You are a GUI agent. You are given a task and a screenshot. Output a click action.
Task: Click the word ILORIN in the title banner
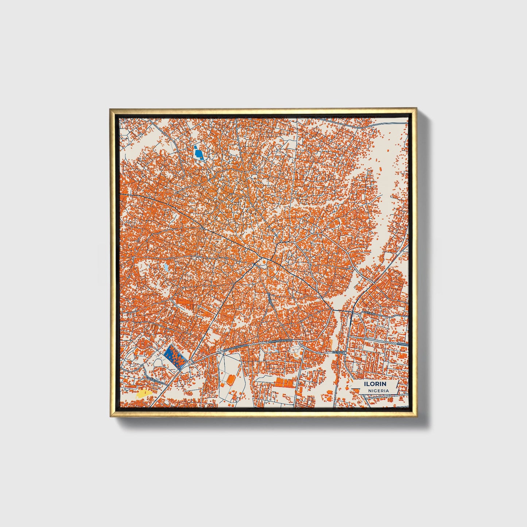[x=375, y=384]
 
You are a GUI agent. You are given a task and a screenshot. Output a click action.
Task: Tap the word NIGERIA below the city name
[x=378, y=391]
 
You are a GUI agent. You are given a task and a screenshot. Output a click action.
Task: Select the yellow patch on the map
[x=144, y=393]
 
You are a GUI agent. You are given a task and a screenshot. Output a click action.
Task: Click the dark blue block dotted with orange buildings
[x=175, y=356]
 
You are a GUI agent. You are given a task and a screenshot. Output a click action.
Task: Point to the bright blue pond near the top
[x=198, y=153]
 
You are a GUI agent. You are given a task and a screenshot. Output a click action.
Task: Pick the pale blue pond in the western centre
[x=166, y=268]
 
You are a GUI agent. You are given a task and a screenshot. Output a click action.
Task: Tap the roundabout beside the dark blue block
[x=190, y=363]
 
